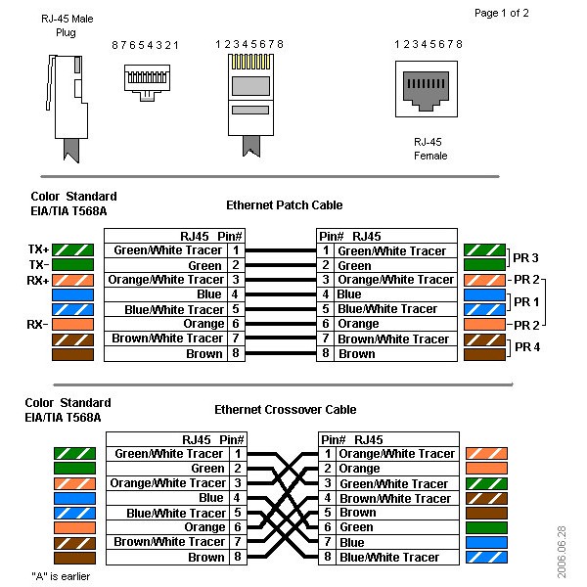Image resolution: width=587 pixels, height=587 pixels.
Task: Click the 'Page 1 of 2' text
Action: click(x=501, y=13)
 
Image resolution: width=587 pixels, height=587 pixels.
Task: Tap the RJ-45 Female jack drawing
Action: click(x=427, y=89)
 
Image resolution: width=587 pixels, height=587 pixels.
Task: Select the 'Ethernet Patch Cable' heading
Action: click(x=284, y=205)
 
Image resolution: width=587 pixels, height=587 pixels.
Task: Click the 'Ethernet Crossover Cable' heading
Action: click(x=286, y=410)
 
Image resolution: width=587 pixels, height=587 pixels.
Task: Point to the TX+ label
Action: click(x=38, y=249)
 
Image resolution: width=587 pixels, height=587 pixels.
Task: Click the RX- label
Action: click(x=37, y=324)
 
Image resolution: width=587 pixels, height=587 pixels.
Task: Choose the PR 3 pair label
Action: click(x=525, y=258)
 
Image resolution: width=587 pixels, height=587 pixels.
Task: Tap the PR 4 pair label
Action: click(x=527, y=347)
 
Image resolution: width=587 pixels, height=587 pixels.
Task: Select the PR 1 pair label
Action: click(x=526, y=301)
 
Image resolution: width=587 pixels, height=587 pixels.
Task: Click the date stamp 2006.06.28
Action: click(x=562, y=552)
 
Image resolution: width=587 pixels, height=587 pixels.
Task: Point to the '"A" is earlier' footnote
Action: click(x=61, y=576)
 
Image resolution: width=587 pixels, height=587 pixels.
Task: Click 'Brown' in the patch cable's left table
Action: click(x=204, y=354)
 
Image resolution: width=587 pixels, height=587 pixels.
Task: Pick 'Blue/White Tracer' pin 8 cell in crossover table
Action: click(x=389, y=558)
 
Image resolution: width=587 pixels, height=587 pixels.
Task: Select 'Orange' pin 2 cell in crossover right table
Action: click(x=359, y=469)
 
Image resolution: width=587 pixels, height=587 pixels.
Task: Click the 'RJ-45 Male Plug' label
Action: click(x=67, y=25)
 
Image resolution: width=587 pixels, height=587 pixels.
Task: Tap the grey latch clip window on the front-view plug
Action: click(x=250, y=86)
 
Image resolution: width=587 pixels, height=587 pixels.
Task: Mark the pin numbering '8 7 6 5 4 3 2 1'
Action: click(x=145, y=45)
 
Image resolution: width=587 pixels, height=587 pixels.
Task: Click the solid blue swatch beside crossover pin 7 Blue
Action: click(x=486, y=542)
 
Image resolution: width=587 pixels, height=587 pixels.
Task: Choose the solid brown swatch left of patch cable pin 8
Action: click(x=72, y=354)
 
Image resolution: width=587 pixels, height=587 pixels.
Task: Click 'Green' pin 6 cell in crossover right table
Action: click(x=356, y=527)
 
